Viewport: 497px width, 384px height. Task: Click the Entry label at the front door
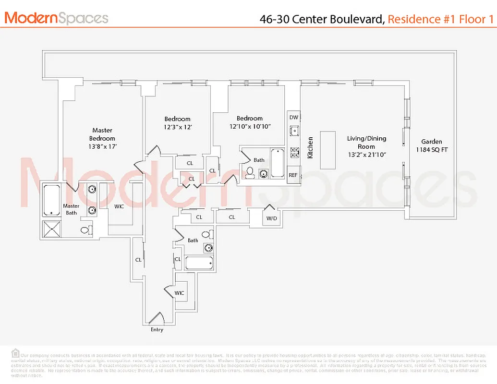(157, 330)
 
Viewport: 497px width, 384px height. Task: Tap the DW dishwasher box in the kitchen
(294, 117)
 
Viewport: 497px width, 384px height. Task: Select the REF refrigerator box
(293, 175)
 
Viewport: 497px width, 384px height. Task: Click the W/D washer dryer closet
(272, 218)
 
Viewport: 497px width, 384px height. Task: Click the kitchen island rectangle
(328, 149)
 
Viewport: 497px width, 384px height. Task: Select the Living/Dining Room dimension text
(366, 155)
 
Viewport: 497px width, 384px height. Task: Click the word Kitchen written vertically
(310, 148)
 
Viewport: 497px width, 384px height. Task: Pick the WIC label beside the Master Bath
(119, 206)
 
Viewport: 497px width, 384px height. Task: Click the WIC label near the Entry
(179, 292)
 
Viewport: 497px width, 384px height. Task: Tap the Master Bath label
(71, 209)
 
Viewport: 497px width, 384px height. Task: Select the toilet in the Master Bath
(85, 230)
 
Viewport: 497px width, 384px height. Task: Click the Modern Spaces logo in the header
(56, 18)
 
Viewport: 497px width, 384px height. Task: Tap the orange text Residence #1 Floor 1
(440, 19)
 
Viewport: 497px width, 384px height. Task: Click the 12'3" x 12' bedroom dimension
(178, 127)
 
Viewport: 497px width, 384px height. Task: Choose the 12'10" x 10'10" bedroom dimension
(250, 126)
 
